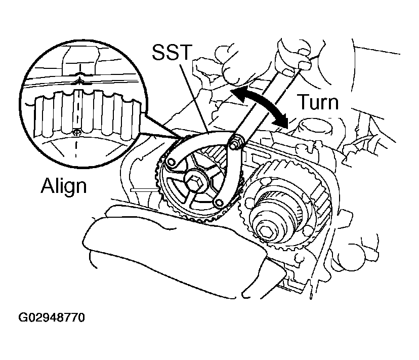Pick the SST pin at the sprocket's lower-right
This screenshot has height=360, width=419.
pyautogui.click(x=219, y=203)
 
